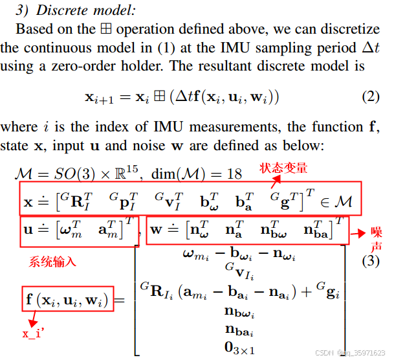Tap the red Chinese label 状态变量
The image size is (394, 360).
(x=283, y=168)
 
